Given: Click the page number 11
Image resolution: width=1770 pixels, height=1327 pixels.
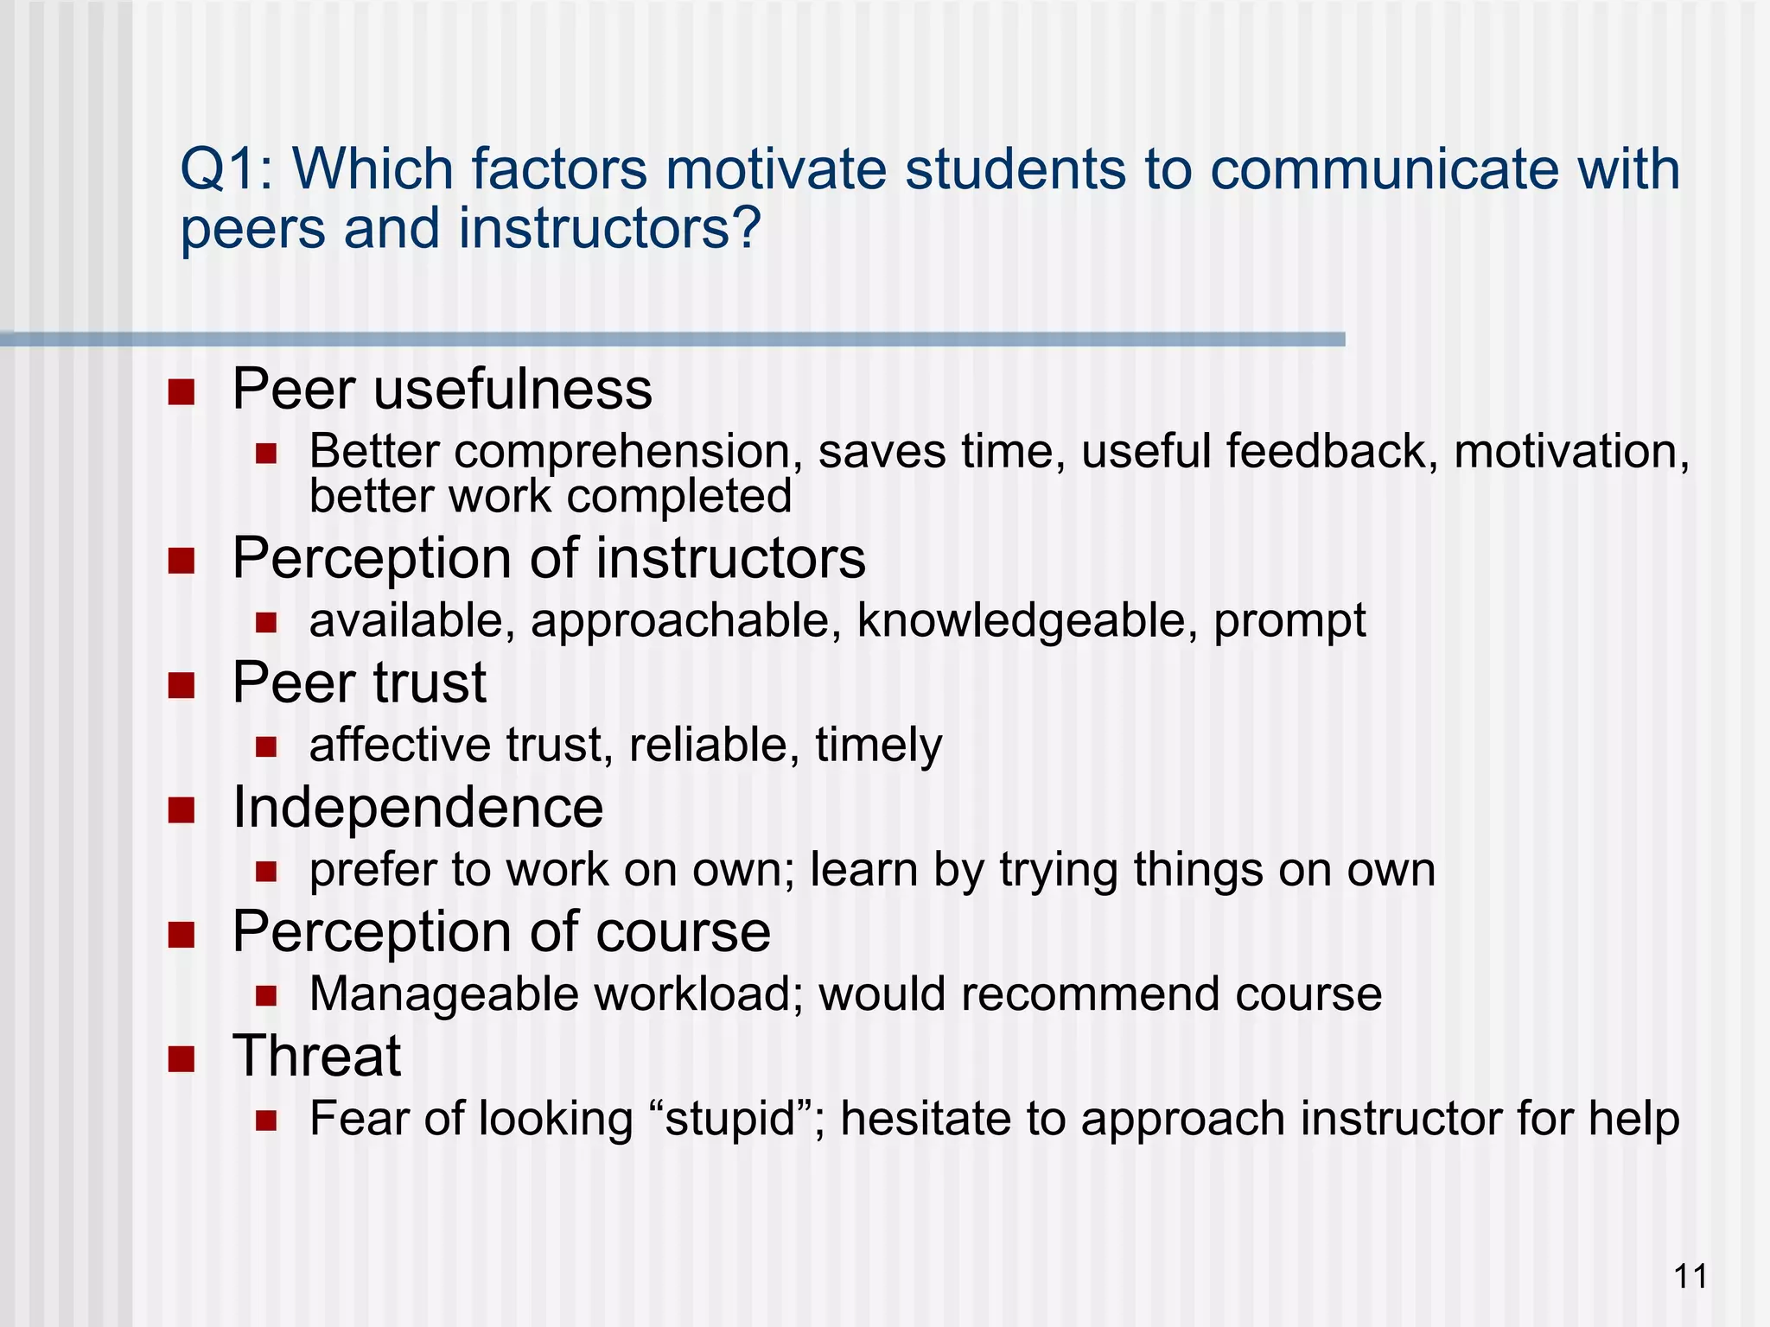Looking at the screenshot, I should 1690,1276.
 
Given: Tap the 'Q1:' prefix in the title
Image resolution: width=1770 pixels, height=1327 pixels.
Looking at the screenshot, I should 226,168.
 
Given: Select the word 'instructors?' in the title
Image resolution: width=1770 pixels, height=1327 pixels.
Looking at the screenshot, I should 609,229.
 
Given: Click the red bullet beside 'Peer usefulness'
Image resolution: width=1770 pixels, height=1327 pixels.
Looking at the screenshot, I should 181,392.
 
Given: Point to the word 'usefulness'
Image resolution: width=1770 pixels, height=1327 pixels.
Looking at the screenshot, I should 513,389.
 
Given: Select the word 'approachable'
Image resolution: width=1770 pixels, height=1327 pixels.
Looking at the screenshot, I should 686,620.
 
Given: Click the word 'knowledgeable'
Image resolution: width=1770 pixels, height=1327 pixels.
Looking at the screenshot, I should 1027,620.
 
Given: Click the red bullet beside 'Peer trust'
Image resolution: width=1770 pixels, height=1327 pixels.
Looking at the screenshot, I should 181,686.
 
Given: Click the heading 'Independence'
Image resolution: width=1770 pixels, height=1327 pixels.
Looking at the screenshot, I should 418,808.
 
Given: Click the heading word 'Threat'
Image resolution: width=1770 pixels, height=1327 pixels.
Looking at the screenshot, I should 316,1056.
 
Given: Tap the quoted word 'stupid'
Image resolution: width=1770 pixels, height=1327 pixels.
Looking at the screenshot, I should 730,1119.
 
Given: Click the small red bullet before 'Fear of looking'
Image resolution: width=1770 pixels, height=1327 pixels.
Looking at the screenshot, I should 266,1121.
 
